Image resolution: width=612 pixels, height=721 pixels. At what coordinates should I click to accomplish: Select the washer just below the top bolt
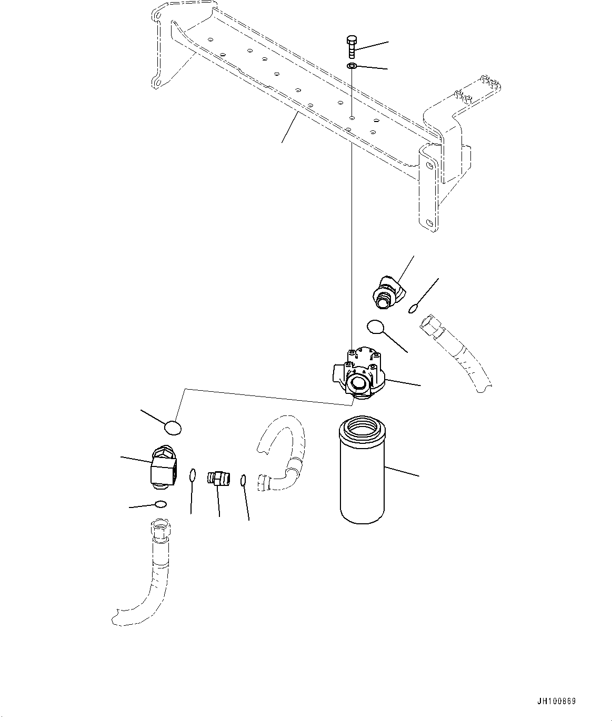pyautogui.click(x=352, y=66)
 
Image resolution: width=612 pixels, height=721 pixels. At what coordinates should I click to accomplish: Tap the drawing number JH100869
pyautogui.click(x=557, y=701)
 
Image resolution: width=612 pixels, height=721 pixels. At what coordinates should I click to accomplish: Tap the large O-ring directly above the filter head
pyautogui.click(x=376, y=327)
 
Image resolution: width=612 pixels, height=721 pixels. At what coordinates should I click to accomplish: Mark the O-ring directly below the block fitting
pyautogui.click(x=160, y=504)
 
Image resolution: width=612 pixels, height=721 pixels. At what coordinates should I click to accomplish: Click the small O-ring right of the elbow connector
pyautogui.click(x=414, y=309)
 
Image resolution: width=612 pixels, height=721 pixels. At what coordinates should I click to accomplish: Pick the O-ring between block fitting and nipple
pyautogui.click(x=193, y=475)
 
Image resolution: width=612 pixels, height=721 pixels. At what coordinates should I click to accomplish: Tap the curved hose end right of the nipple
pyautogui.click(x=266, y=481)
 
